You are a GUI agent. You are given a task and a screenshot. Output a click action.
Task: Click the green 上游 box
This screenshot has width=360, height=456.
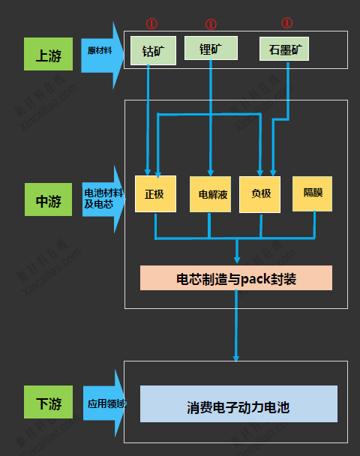tap(47, 54)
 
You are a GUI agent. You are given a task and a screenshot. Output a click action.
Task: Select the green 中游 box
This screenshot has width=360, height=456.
tap(48, 200)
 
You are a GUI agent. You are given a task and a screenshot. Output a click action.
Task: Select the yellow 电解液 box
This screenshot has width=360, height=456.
tap(210, 194)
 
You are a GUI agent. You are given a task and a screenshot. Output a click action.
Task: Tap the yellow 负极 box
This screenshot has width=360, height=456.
tap(261, 193)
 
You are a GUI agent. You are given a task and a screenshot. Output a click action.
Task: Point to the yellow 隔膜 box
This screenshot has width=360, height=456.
tap(313, 193)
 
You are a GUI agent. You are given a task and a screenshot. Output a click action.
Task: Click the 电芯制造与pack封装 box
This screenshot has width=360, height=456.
tap(236, 278)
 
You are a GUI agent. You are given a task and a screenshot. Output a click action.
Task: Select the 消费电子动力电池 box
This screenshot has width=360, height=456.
tap(238, 405)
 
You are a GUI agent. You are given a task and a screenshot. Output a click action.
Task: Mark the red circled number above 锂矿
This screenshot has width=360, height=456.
tap(211, 24)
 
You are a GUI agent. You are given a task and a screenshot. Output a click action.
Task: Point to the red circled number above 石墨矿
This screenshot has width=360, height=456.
tap(286, 23)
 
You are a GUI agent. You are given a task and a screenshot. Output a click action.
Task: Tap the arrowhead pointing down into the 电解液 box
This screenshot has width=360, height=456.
tap(211, 172)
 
